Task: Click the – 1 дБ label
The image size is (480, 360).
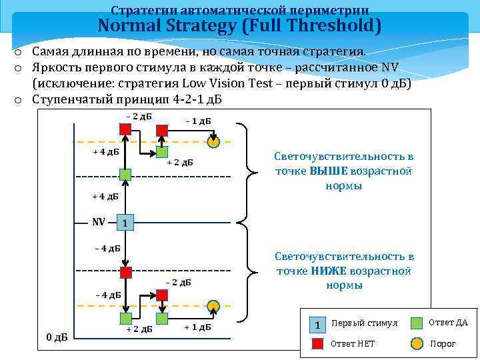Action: tap(198, 121)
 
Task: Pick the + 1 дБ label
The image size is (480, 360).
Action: tap(197, 327)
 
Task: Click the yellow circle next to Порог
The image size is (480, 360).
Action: tap(417, 344)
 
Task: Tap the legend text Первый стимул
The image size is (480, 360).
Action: tap(364, 323)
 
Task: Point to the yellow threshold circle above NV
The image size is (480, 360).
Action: tap(213, 142)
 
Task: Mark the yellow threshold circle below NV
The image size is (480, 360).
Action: tap(213, 306)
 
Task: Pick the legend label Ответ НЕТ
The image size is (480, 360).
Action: tap(353, 344)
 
